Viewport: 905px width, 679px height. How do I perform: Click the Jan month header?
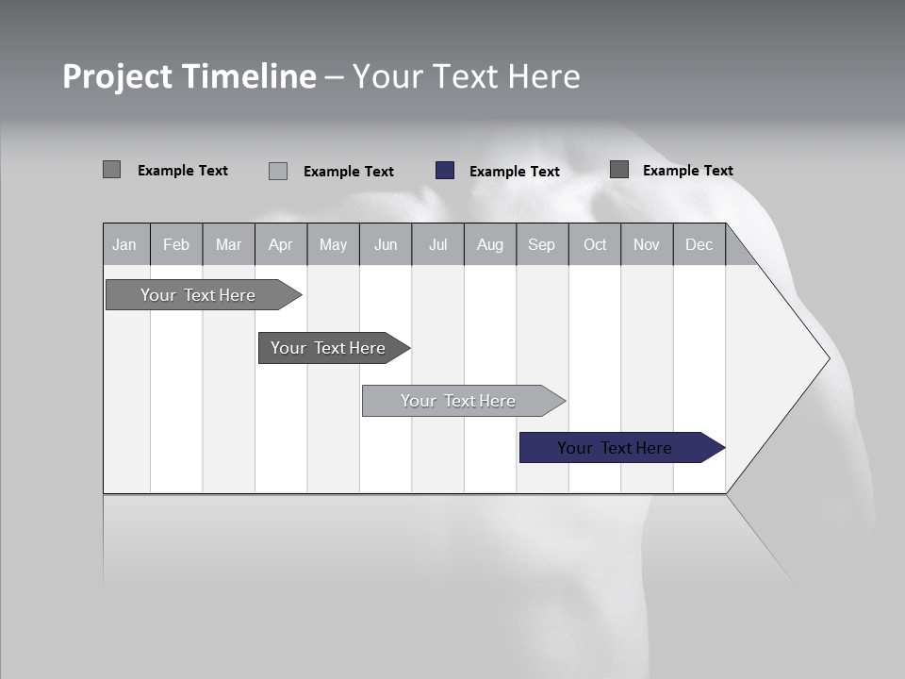click(x=124, y=244)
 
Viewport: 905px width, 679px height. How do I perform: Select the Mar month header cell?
click(x=228, y=244)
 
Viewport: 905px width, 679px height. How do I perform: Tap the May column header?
click(x=333, y=244)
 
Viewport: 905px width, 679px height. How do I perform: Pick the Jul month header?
click(x=437, y=244)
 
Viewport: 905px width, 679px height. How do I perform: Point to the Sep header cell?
click(x=541, y=244)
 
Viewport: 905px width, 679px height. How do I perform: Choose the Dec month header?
click(x=699, y=244)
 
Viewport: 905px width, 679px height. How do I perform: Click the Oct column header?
click(x=595, y=244)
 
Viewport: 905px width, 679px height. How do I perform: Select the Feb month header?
click(x=176, y=244)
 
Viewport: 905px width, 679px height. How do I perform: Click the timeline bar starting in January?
click(x=198, y=295)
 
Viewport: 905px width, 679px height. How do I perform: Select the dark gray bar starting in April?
click(x=328, y=348)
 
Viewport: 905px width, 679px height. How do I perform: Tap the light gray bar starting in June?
click(x=458, y=401)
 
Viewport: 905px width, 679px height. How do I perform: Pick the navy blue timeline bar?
click(x=615, y=448)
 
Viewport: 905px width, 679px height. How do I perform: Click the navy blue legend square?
click(x=445, y=171)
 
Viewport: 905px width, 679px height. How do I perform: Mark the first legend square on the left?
click(x=112, y=170)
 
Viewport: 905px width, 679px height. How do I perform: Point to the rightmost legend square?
click(x=619, y=170)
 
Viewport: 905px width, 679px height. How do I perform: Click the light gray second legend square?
click(x=278, y=171)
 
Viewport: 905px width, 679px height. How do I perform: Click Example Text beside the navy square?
click(x=515, y=172)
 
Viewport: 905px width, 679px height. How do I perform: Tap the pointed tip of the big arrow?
click(x=827, y=358)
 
